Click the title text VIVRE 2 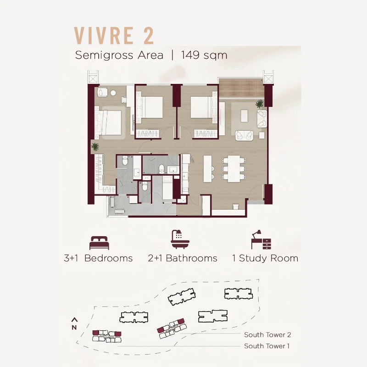click(x=114, y=36)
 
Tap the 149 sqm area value click(x=204, y=56)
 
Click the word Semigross click(x=104, y=56)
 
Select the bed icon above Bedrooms click(x=99, y=243)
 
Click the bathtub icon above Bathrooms click(x=180, y=239)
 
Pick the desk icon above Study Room click(x=261, y=239)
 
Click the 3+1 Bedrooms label click(x=98, y=258)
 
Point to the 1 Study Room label click(x=265, y=258)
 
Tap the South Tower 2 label click(x=267, y=335)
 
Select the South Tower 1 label click(x=267, y=346)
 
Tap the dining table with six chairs click(x=234, y=169)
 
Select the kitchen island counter click(x=208, y=169)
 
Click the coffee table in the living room click(x=244, y=116)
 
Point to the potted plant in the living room click(x=259, y=104)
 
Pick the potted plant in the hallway click(x=95, y=147)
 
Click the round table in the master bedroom click(x=113, y=93)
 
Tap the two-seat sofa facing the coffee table click(x=245, y=135)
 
